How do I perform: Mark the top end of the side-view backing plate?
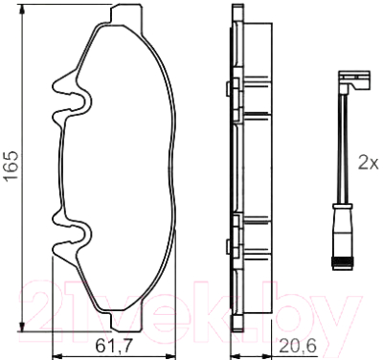pyautogui.click(x=234, y=11)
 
